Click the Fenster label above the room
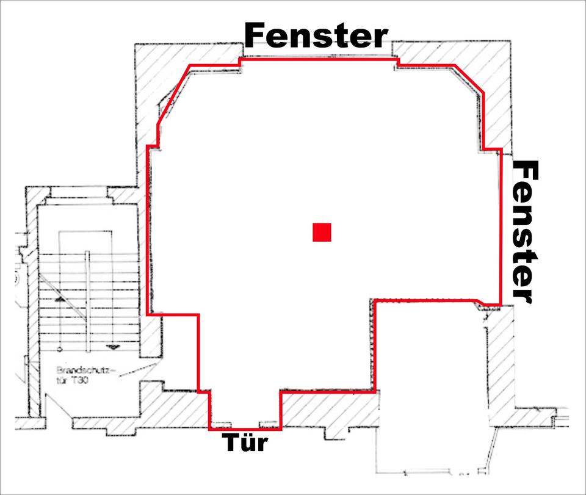(x=316, y=36)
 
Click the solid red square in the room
(x=322, y=233)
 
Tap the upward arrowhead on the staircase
(x=60, y=300)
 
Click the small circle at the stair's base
(x=59, y=349)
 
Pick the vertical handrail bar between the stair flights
(x=87, y=302)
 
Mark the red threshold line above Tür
(x=245, y=429)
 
